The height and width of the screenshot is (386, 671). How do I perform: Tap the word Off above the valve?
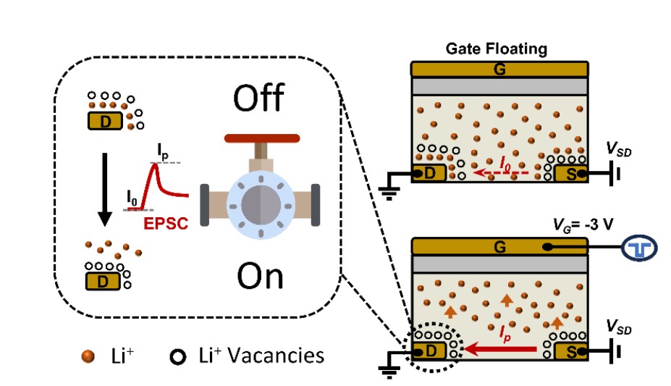259,97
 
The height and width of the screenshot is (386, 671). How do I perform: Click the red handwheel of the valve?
261,138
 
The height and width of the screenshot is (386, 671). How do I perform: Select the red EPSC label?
167,224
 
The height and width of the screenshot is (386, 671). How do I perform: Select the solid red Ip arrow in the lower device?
500,351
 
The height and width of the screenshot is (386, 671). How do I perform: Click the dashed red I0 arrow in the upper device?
500,175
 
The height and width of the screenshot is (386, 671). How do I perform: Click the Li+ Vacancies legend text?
261,356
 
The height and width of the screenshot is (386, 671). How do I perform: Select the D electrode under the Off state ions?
106,122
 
